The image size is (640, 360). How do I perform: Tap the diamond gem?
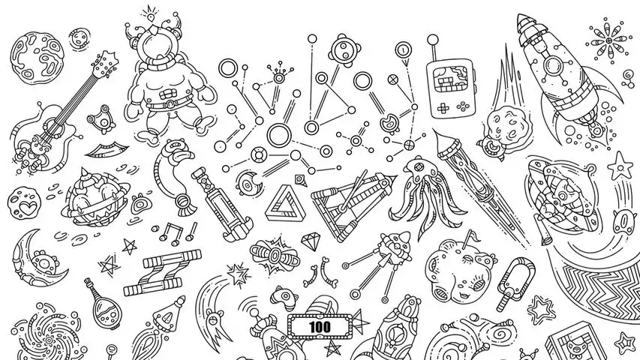311,241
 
